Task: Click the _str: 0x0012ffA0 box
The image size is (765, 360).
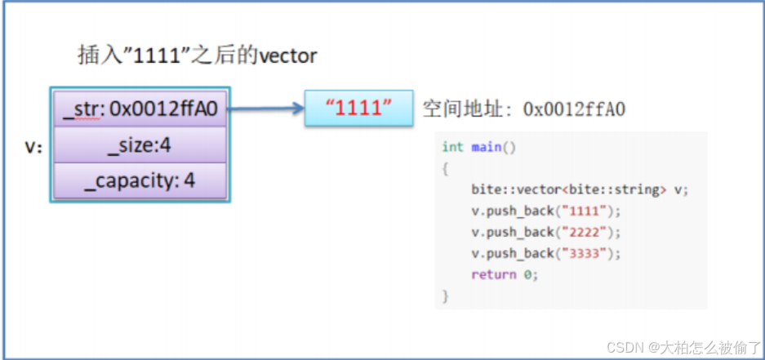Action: point(140,109)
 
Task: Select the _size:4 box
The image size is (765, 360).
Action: point(140,144)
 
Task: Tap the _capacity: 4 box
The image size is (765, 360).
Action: point(140,181)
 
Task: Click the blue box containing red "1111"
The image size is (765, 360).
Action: point(358,109)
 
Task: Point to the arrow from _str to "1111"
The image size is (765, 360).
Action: point(266,109)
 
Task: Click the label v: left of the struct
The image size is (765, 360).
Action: point(33,146)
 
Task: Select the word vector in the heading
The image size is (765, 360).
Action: point(288,56)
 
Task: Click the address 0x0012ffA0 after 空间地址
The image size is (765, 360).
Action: point(574,109)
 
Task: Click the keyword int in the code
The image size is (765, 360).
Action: point(452,147)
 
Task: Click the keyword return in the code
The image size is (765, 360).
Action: point(493,274)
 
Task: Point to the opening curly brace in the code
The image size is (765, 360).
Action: point(445,169)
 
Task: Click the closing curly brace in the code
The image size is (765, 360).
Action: point(445,296)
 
